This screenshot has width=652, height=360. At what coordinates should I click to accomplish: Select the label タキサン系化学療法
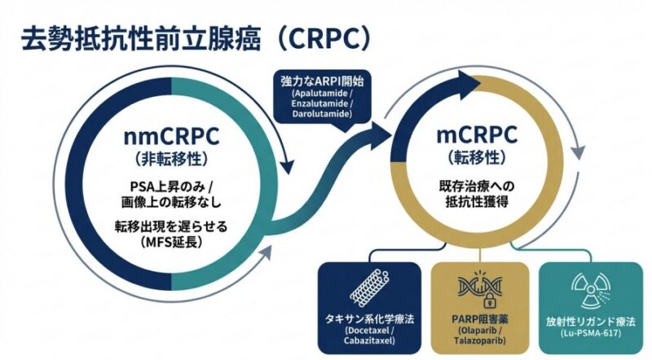(x=368, y=318)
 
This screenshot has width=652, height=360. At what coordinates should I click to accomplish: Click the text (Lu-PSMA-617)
(x=588, y=334)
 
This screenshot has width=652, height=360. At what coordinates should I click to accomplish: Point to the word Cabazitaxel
(x=368, y=343)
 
